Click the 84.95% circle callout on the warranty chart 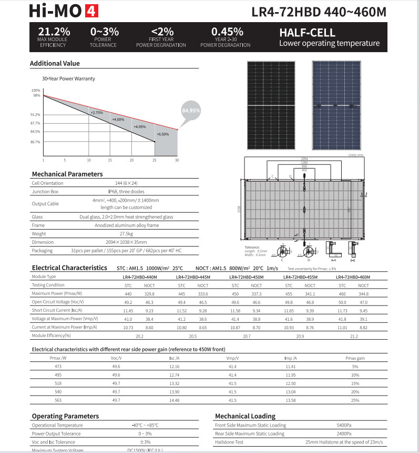191,111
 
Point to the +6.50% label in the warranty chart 162,134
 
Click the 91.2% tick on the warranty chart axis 36,114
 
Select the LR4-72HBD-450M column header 247,277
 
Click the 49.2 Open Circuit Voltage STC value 128,302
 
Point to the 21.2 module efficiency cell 353,336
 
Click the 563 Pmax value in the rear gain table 58,400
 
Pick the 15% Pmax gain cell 355,383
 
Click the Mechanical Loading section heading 245,416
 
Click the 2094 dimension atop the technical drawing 304,159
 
